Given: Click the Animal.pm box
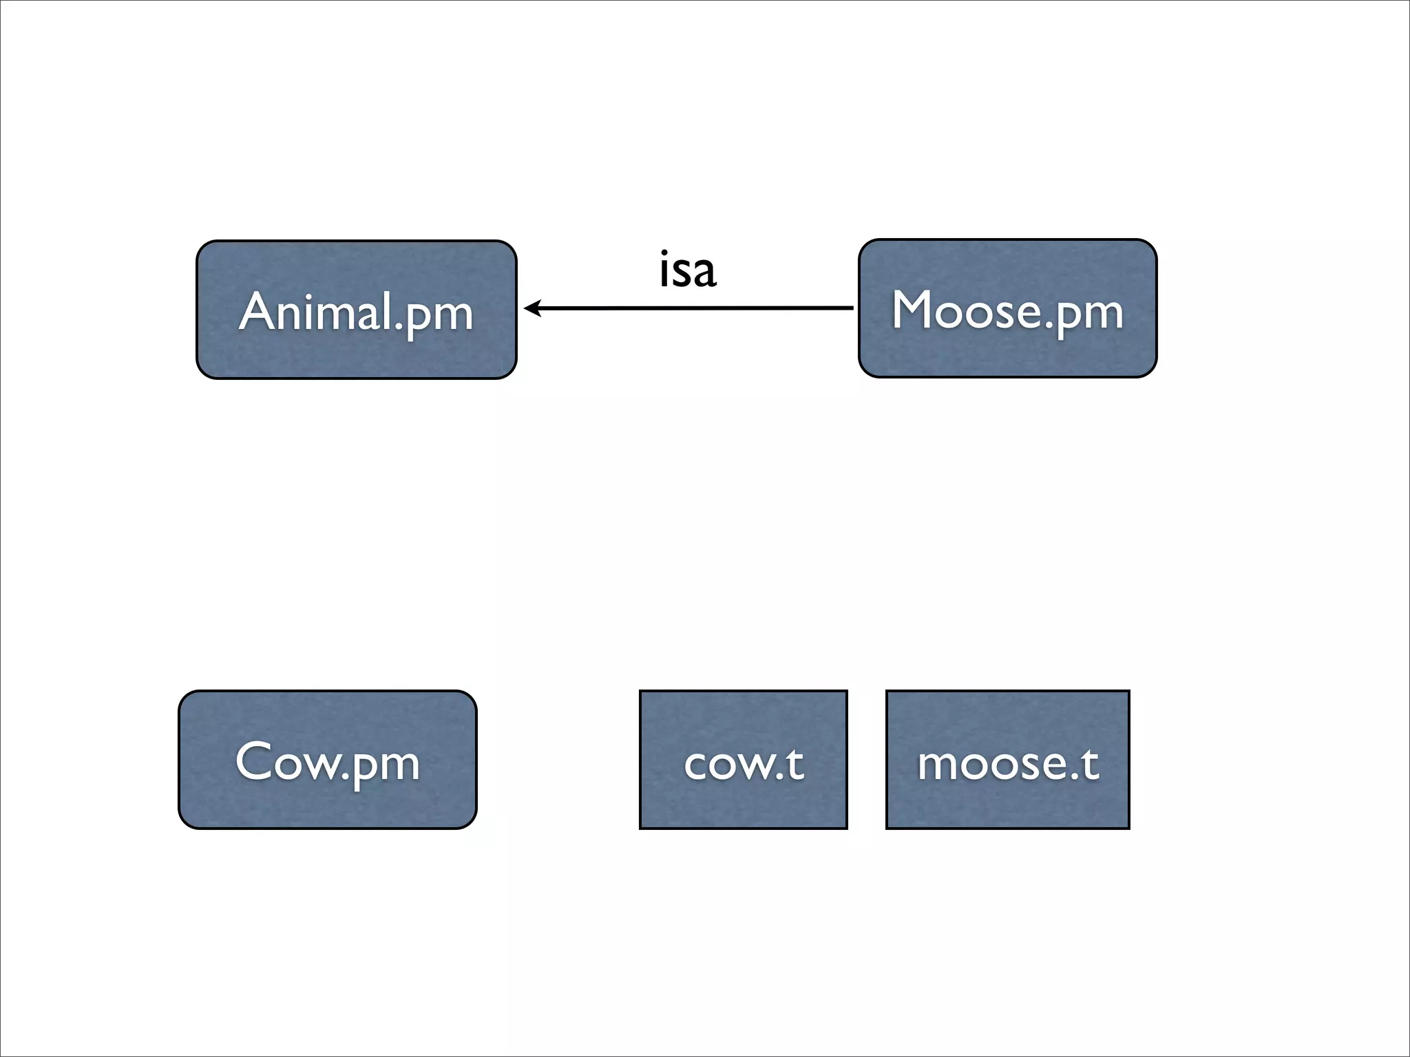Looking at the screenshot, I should pyautogui.click(x=356, y=310).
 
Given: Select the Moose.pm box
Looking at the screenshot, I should pyautogui.click(x=1007, y=308).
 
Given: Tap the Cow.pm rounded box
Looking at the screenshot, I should pyautogui.click(x=327, y=760).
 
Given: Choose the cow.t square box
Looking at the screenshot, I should pyautogui.click(x=743, y=760).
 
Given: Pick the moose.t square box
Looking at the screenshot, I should pyautogui.click(x=1007, y=760).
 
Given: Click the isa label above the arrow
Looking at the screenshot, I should pyautogui.click(x=687, y=269).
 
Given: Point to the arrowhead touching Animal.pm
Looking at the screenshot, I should pyautogui.click(x=530, y=308).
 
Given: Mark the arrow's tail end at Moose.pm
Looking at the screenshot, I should pyautogui.click(x=851, y=308).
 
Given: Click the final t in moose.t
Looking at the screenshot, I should pyautogui.click(x=1090, y=763).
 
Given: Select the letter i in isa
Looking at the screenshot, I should pyautogui.click(x=664, y=269).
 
